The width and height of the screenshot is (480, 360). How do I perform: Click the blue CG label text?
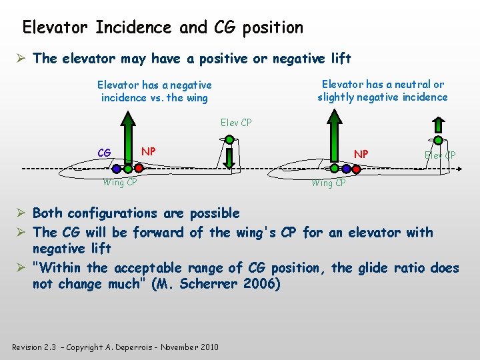tap(104, 153)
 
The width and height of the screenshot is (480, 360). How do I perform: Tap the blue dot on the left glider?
tap(117, 169)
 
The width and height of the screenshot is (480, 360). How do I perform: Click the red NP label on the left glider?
tap(149, 151)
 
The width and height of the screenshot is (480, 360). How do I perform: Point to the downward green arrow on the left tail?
tap(228, 158)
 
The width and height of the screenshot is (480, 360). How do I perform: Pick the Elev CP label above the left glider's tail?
tap(236, 123)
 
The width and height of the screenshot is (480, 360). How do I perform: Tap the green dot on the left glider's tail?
tap(229, 140)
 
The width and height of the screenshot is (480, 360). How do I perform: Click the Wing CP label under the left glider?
tap(120, 183)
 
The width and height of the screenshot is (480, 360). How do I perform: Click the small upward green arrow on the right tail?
tap(438, 125)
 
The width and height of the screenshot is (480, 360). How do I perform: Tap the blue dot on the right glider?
tap(339, 169)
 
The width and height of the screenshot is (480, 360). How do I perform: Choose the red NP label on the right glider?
tap(361, 154)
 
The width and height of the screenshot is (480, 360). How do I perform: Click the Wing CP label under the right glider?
tap(329, 183)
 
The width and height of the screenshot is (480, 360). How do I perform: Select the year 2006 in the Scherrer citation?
tap(261, 284)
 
